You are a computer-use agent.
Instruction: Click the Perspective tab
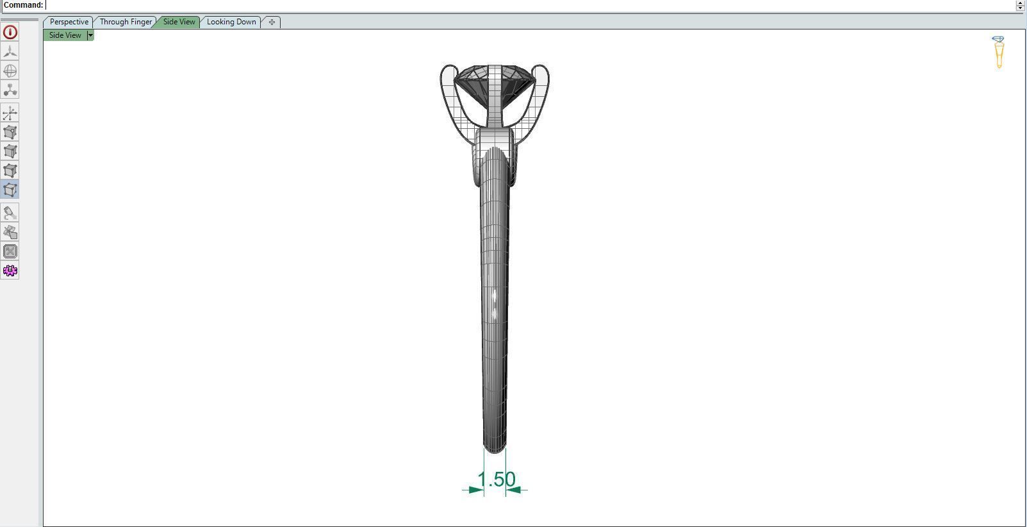[69, 22]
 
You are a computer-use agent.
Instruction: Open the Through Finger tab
[126, 22]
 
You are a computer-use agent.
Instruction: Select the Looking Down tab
[231, 22]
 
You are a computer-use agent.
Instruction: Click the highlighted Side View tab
[179, 22]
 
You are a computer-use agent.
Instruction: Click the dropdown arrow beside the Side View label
[90, 35]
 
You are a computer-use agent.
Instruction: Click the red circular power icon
[10, 32]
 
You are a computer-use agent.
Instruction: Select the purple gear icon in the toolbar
[10, 271]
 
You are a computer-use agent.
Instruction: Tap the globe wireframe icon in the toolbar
[10, 71]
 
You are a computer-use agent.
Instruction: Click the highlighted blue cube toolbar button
[10, 189]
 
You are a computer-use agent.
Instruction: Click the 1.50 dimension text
[497, 479]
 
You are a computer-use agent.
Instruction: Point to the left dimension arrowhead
[476, 490]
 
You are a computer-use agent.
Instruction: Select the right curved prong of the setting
[542, 96]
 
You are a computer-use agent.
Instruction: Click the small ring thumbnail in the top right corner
[998, 52]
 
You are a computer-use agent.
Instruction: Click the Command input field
[513, 5]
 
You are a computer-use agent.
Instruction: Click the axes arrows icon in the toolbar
[10, 114]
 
